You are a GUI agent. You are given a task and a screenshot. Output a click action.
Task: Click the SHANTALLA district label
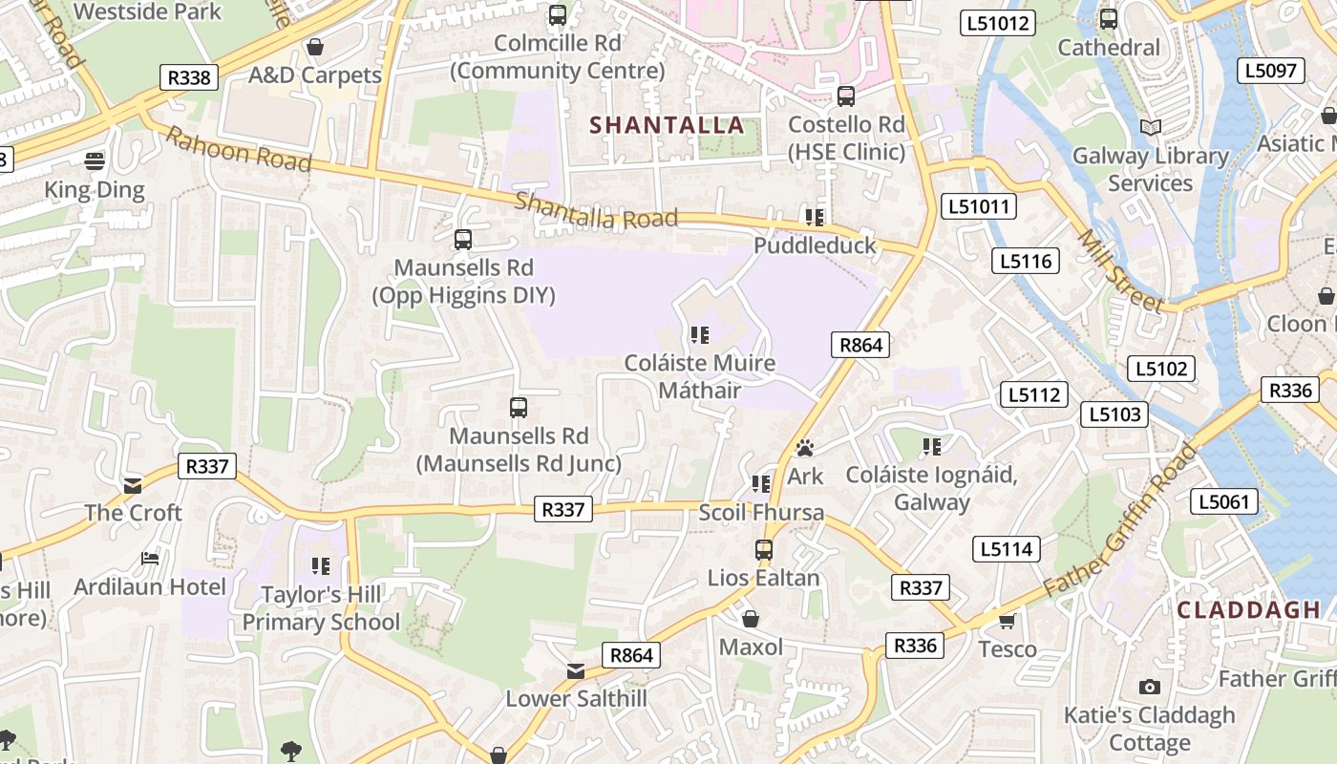[x=666, y=125]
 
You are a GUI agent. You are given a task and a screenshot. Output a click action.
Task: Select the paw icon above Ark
[x=805, y=448]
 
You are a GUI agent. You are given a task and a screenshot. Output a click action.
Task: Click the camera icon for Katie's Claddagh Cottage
[x=1150, y=687]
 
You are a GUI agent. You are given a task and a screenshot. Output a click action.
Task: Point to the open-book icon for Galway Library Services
[x=1151, y=127]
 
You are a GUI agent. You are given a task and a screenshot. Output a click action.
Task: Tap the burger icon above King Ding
[x=95, y=160]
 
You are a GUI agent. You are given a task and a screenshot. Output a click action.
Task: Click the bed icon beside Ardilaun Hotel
[x=150, y=558]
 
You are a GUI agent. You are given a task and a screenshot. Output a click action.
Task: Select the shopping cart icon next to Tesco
[x=1007, y=622]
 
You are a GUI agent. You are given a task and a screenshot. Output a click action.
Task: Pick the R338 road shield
[x=188, y=77]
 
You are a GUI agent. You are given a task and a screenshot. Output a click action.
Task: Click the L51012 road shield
[x=999, y=22]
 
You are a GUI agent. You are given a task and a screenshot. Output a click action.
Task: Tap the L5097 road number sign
[x=1270, y=70]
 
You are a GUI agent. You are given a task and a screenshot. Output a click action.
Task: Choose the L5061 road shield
[x=1224, y=501]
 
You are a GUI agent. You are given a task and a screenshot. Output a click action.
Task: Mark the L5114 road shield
[x=1007, y=549]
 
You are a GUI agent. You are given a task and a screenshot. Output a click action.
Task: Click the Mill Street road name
[x=1121, y=271]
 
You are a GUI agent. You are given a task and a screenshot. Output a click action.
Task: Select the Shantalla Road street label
[x=596, y=211]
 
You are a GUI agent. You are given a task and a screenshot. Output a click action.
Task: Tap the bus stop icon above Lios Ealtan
[x=763, y=550]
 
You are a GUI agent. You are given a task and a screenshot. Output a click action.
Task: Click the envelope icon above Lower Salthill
[x=576, y=671]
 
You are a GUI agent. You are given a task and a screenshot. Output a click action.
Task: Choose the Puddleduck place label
[x=815, y=245]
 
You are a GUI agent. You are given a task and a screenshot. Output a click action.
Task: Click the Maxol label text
[x=751, y=647]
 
